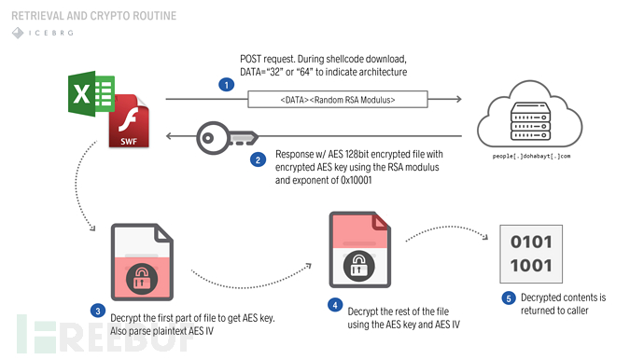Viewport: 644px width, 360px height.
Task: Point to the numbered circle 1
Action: pos(225,84)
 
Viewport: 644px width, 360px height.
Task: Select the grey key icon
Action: pos(223,138)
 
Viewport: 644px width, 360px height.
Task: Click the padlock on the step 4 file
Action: pos(357,265)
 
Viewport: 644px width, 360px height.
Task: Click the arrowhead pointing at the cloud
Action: pos(457,98)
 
